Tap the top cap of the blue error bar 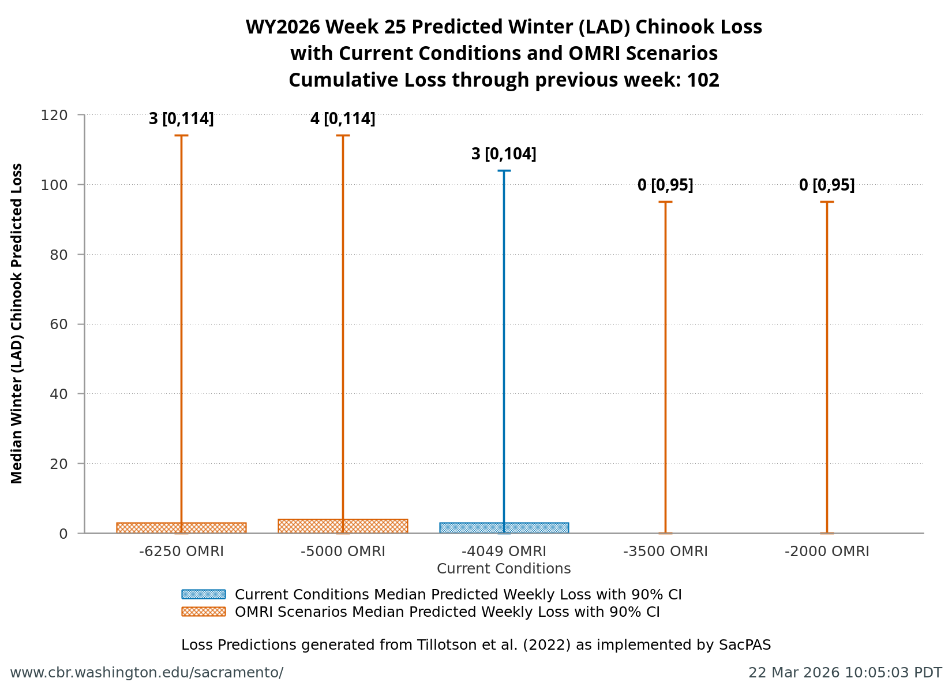504,171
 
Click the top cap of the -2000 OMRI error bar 827,202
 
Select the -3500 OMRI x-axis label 665,552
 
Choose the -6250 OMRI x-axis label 181,552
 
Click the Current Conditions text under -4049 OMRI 504,569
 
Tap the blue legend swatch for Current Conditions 203,594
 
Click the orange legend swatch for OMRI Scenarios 203,612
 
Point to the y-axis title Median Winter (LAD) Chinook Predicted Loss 17,323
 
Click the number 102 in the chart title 703,80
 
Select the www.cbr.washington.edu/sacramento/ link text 147,673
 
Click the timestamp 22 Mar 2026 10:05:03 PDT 845,673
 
